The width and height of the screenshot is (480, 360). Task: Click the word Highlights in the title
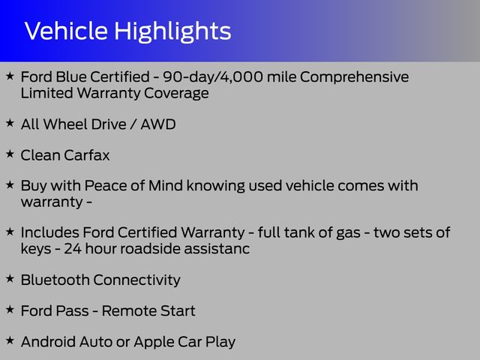coord(172,31)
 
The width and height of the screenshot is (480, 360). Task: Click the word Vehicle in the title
coord(66,31)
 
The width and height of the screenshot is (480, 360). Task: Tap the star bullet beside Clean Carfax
coord(10,154)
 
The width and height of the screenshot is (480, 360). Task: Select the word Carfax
coord(87,155)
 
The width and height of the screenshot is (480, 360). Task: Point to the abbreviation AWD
coord(158,124)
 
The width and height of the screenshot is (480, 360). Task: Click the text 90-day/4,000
coord(213,76)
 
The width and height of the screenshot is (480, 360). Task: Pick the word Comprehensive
coord(354,77)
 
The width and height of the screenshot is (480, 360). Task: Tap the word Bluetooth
coord(55,280)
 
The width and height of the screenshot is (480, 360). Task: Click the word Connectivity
coord(136,280)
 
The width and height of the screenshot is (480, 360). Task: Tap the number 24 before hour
coord(73,248)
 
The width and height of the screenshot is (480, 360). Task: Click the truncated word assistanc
coord(217,248)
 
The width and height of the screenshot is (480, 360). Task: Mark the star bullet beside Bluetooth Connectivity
coord(10,278)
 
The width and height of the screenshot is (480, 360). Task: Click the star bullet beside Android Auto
coord(10,340)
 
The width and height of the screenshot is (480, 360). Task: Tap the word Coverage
coord(176,94)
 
